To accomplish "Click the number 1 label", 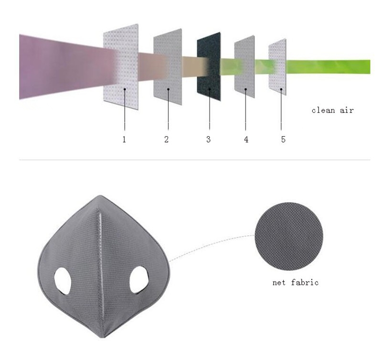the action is [124, 140].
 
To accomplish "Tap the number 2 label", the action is [166, 140].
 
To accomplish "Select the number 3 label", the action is [208, 140].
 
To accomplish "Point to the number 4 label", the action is [246, 140].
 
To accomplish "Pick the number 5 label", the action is [283, 140].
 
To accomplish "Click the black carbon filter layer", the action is [209, 66].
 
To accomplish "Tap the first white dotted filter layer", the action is [121, 67].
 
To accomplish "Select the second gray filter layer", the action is [168, 67].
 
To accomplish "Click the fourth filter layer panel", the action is [244, 66].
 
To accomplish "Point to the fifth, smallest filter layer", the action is [277, 66].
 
